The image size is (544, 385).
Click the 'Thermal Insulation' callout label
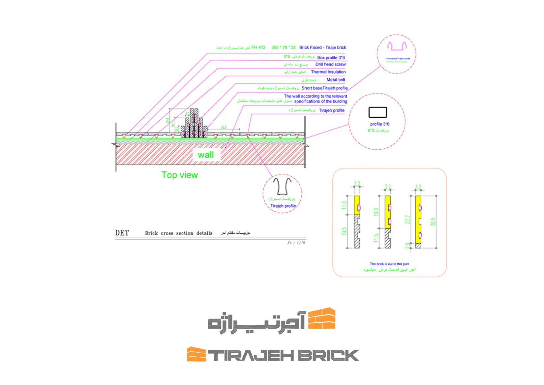pyautogui.click(x=328, y=72)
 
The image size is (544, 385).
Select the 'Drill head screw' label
pyautogui.click(x=330, y=64)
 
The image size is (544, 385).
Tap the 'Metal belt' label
pyautogui.click(x=336, y=80)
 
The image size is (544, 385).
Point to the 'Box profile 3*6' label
pyautogui.click(x=331, y=57)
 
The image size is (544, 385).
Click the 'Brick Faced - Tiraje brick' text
pyautogui.click(x=322, y=47)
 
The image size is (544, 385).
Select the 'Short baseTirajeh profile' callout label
pyautogui.click(x=324, y=88)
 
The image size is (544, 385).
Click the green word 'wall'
pyautogui.click(x=206, y=155)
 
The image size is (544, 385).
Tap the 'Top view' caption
pyautogui.click(x=179, y=175)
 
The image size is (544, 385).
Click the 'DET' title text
pyautogui.click(x=122, y=233)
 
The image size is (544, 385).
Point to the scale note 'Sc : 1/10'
pyautogui.click(x=296, y=243)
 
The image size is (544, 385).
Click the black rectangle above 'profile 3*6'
pyautogui.click(x=378, y=112)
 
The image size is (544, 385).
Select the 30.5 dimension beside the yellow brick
pyautogui.click(x=433, y=222)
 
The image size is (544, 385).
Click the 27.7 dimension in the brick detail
pyautogui.click(x=408, y=220)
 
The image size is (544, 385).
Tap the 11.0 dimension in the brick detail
pyautogui.click(x=344, y=205)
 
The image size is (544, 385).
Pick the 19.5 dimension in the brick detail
pyautogui.click(x=344, y=231)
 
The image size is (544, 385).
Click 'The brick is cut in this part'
pyautogui.click(x=389, y=264)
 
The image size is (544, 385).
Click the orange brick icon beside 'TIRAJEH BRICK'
pyautogui.click(x=196, y=354)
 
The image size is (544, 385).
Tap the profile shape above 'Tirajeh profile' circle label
pyautogui.click(x=282, y=186)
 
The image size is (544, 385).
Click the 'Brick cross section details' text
pyautogui.click(x=179, y=233)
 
